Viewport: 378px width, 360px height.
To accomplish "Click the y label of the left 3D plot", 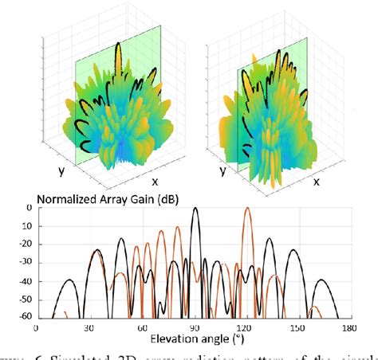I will pyautogui.click(x=60, y=170).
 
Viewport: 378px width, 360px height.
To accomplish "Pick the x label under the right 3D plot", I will pyautogui.click(x=315, y=182).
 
